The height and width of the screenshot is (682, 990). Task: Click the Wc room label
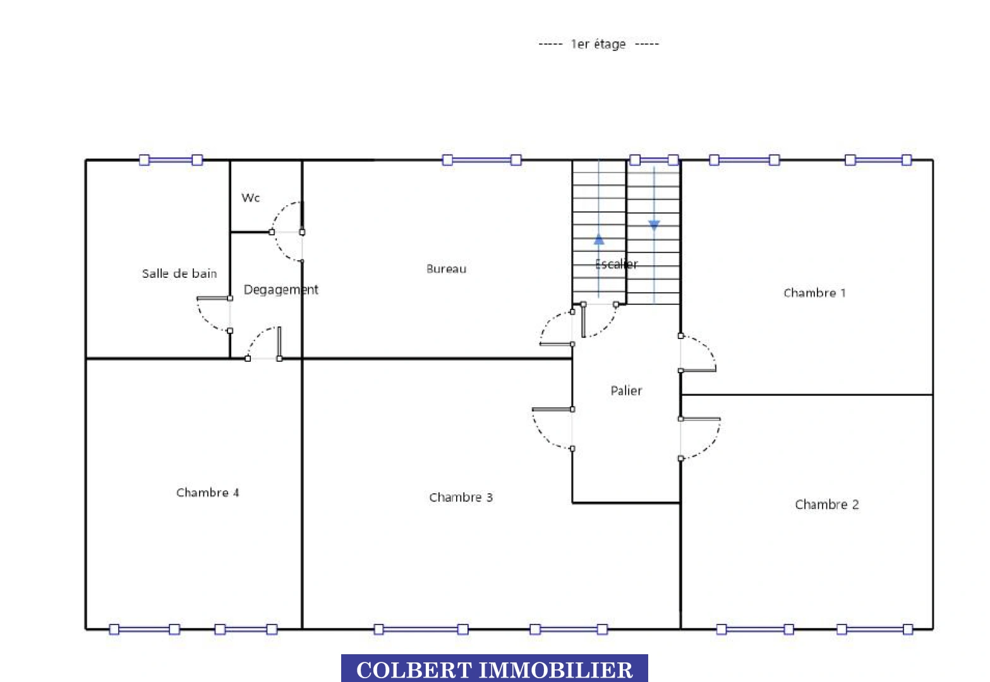tap(251, 198)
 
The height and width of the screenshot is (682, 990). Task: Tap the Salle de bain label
tap(179, 273)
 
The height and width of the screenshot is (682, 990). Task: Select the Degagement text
tap(281, 290)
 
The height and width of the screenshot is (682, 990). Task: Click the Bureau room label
tap(447, 268)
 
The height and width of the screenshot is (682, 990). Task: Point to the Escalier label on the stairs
tap(616, 264)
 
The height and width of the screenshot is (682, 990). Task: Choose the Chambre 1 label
tap(814, 293)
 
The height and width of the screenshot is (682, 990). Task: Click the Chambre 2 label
tap(826, 505)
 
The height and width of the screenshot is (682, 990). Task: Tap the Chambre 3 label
tap(461, 498)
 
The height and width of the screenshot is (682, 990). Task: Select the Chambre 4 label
tap(208, 493)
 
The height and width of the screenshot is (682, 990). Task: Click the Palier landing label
tap(626, 390)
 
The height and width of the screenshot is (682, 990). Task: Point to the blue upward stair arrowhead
tap(599, 239)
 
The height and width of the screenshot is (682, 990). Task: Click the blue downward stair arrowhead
tap(654, 225)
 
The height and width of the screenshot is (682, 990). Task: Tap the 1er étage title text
tap(598, 44)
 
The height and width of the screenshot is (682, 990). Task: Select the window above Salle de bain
tap(171, 160)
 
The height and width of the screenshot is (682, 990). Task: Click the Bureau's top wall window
tap(482, 160)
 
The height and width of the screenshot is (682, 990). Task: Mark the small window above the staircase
tap(654, 160)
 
